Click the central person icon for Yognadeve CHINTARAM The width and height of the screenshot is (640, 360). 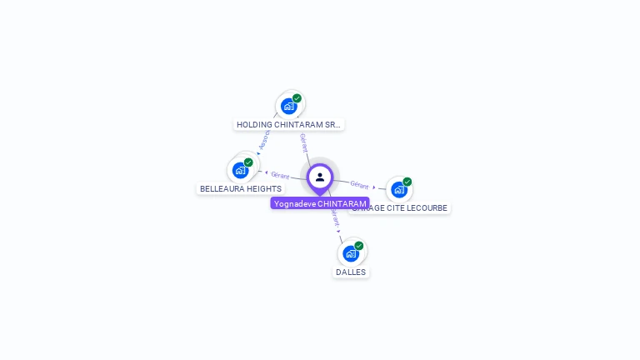[x=320, y=177]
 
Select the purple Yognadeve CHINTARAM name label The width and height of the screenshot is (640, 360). [x=320, y=203]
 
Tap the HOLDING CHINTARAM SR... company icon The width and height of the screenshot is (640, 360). [x=288, y=106]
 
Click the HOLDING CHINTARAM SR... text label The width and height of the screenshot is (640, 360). [x=288, y=125]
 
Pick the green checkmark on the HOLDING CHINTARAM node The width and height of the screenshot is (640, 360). [x=297, y=98]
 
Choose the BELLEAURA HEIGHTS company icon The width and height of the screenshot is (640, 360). [x=240, y=170]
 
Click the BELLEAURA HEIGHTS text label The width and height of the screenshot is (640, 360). [x=240, y=189]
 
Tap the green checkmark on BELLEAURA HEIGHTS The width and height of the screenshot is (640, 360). [x=248, y=162]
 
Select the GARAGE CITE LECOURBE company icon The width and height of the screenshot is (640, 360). [x=398, y=189]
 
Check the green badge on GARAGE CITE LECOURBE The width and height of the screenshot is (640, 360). [x=407, y=182]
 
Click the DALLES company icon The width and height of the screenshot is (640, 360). [x=350, y=253]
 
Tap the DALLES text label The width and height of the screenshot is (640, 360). [x=351, y=272]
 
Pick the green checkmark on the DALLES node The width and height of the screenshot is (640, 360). [x=358, y=246]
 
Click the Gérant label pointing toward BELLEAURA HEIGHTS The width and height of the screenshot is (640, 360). [x=280, y=175]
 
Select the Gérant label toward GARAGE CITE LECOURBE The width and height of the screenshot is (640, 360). [x=359, y=184]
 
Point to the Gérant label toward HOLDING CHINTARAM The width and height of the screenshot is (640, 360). [x=303, y=142]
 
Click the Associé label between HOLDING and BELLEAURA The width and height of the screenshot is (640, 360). [x=264, y=138]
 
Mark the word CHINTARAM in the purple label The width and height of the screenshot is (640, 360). [x=342, y=203]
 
